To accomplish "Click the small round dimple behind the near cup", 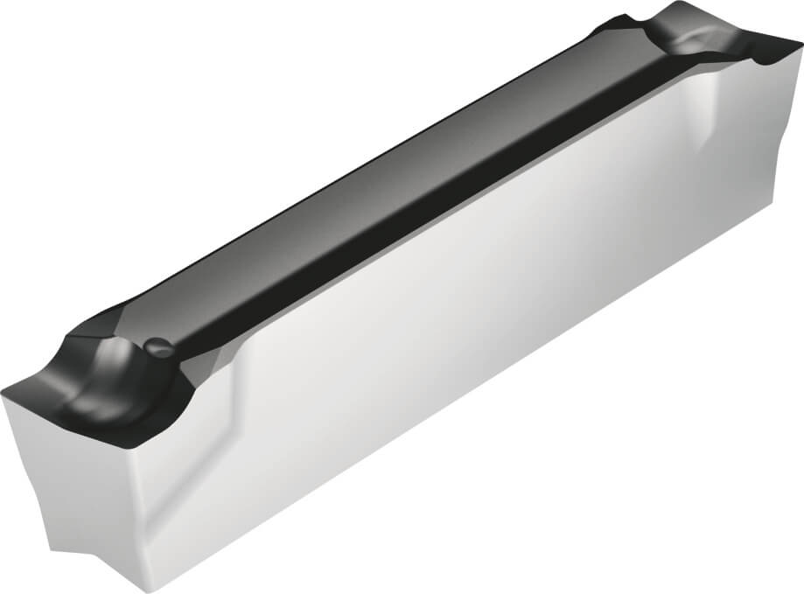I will [x=157, y=346].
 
